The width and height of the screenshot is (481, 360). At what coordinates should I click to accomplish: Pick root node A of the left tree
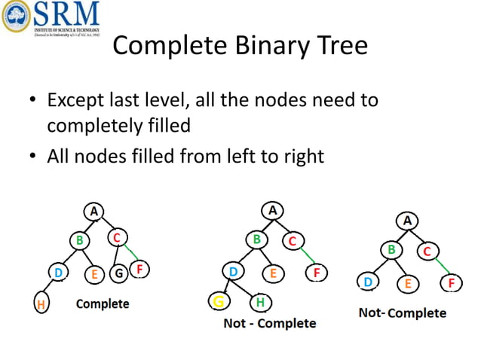click(x=93, y=212)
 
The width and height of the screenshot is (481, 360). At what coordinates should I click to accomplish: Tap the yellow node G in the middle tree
click(x=219, y=302)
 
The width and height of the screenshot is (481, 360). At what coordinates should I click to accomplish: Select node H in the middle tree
click(x=259, y=302)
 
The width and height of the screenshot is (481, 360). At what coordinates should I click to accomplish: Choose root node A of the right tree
click(x=408, y=221)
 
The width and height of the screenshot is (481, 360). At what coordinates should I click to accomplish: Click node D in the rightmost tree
click(x=368, y=282)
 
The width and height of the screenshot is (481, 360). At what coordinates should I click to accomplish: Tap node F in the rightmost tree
click(x=451, y=283)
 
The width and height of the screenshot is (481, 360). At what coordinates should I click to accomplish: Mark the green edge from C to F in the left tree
click(x=130, y=252)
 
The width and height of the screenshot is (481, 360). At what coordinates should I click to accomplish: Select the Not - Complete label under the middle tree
click(x=270, y=323)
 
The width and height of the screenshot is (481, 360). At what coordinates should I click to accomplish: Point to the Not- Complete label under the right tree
click(x=402, y=313)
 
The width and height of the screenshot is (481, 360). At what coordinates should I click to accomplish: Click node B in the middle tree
click(x=257, y=239)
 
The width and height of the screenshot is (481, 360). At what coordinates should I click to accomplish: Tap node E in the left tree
click(x=94, y=274)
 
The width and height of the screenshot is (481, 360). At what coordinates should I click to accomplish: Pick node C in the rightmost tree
click(x=427, y=251)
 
